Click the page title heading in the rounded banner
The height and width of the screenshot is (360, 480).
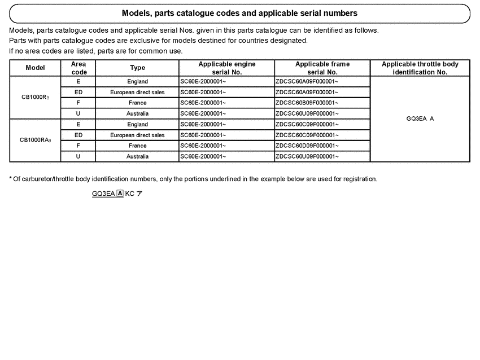tap(239, 13)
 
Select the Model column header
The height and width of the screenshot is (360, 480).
tap(36, 68)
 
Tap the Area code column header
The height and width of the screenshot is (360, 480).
tap(78, 68)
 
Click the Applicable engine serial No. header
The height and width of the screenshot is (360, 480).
tap(226, 68)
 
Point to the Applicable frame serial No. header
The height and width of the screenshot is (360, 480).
tap(322, 68)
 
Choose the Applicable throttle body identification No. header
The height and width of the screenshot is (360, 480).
tap(420, 68)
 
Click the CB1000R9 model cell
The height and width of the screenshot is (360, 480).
tap(36, 98)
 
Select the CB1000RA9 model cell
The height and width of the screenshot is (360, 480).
tap(36, 141)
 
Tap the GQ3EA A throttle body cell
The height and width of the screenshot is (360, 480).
tap(420, 119)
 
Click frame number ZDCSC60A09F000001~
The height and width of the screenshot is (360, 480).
tap(307, 82)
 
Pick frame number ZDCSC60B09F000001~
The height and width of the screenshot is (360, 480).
tap(307, 103)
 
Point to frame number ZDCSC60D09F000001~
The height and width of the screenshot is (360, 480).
tap(307, 146)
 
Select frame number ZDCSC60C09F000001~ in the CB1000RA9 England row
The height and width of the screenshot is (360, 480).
tap(307, 125)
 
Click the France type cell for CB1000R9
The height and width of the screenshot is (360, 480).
tap(137, 103)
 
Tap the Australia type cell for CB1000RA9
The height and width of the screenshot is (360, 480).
tap(137, 157)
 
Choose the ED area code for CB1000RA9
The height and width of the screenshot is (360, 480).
tap(78, 135)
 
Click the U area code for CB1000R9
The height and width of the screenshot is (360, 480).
tap(78, 114)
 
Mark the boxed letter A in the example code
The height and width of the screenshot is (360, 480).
tap(120, 194)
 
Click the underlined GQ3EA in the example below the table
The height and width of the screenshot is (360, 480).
tap(103, 194)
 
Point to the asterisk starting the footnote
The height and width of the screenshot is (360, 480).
tap(11, 179)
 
